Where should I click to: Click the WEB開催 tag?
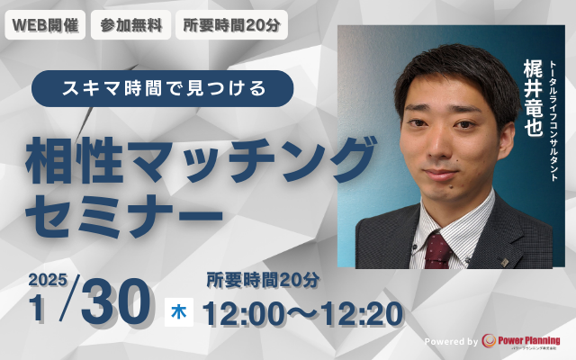[x=45, y=25]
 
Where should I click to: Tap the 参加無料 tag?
[x=131, y=25]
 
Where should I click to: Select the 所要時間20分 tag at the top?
[x=230, y=25]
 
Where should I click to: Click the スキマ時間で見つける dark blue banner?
[x=163, y=88]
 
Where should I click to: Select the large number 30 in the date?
[x=115, y=307]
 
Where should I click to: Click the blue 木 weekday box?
[x=178, y=312]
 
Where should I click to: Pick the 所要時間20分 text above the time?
[x=263, y=280]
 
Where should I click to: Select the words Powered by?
[x=451, y=342]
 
